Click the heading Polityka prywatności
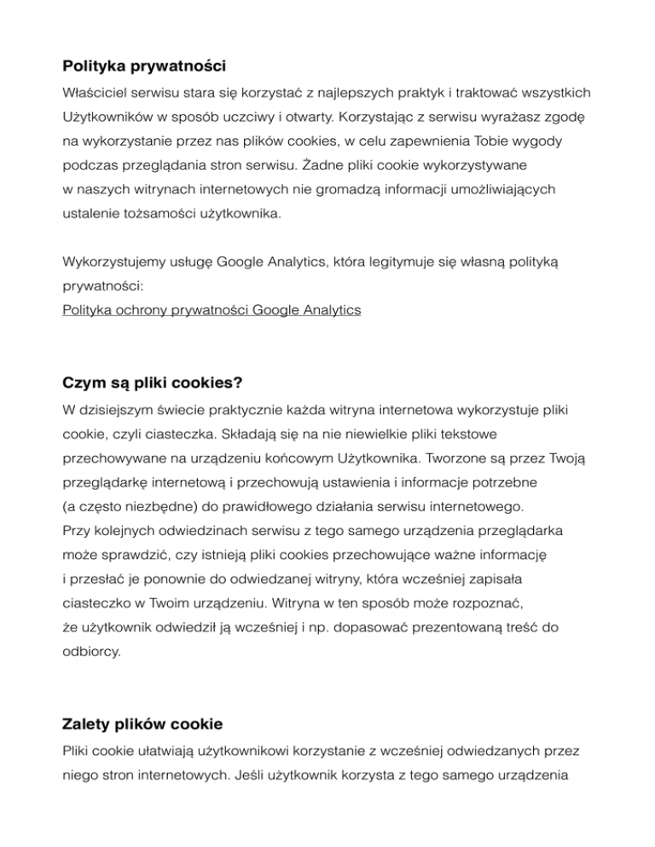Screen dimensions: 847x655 [x=144, y=64]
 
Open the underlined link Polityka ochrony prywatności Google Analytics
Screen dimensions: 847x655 [x=212, y=310]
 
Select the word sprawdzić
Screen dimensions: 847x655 [x=130, y=554]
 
